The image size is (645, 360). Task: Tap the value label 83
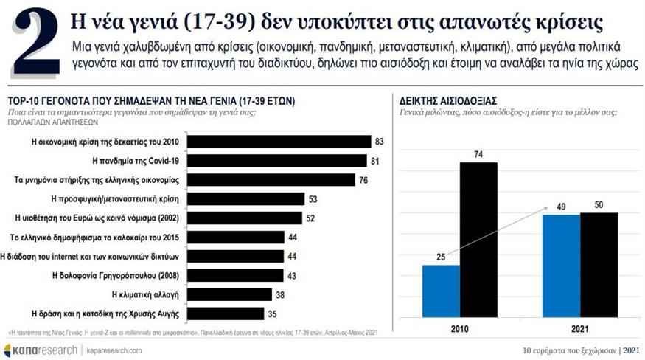380,141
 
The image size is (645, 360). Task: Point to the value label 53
314,198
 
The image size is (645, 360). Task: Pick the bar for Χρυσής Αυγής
229,313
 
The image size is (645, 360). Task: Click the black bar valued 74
478,239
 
